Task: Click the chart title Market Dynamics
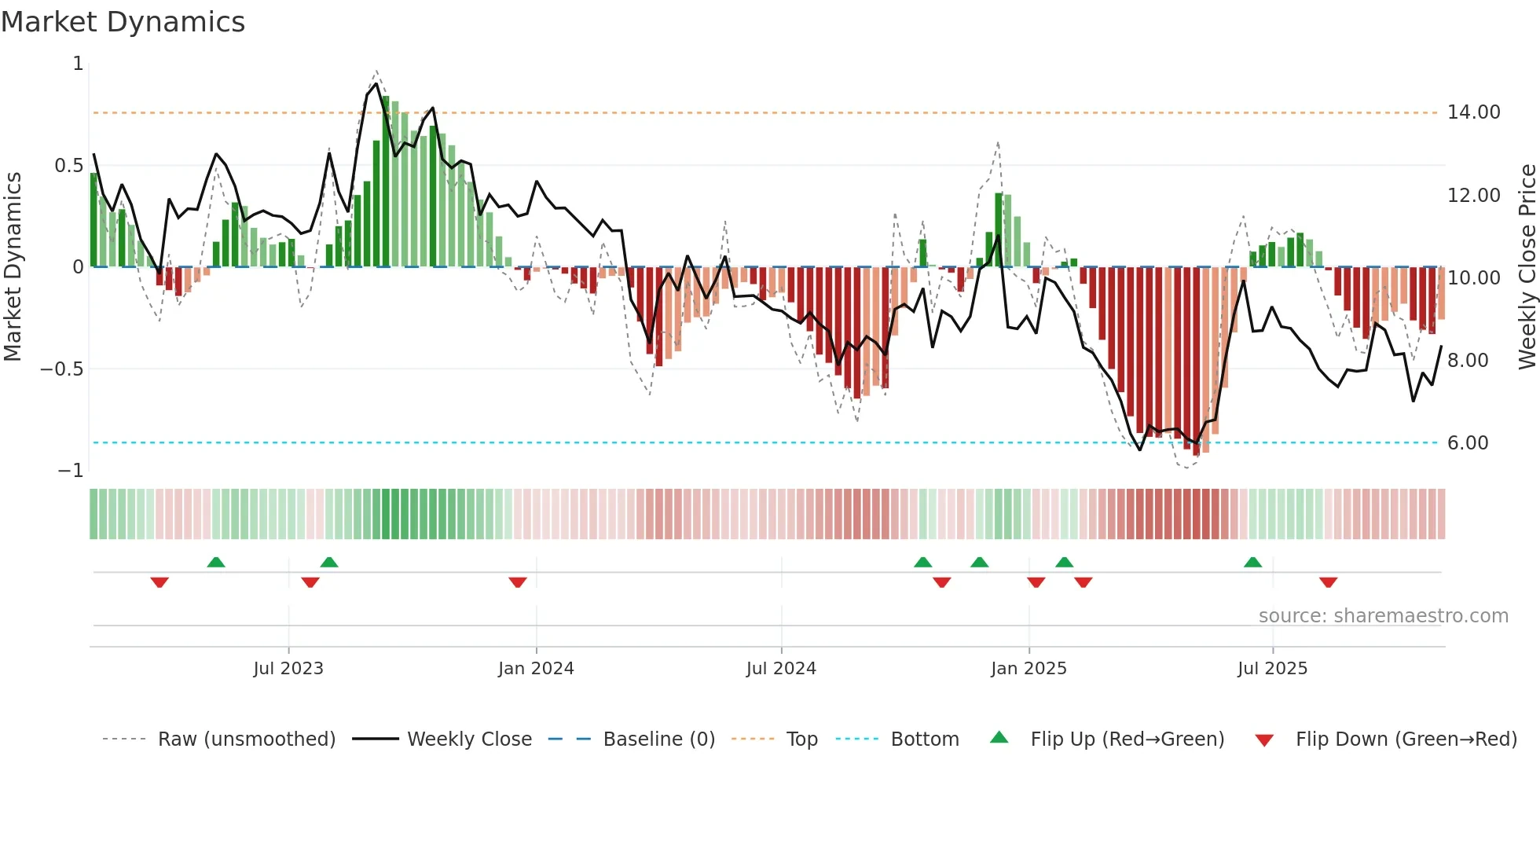[x=123, y=22]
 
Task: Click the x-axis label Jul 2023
[x=288, y=669]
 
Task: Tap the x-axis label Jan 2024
[x=536, y=669]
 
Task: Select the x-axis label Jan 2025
[x=1028, y=669]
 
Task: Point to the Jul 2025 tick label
[x=1272, y=669]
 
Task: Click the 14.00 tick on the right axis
[x=1473, y=112]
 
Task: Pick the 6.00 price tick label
[x=1468, y=443]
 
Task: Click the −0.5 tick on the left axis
[x=61, y=369]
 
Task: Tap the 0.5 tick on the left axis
[x=68, y=166]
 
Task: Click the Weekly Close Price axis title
[x=1527, y=267]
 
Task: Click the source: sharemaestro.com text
[x=1383, y=616]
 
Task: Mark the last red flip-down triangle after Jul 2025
[x=1328, y=582]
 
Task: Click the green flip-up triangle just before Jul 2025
[x=1252, y=562]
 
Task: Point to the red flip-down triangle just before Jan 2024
[x=517, y=582]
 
